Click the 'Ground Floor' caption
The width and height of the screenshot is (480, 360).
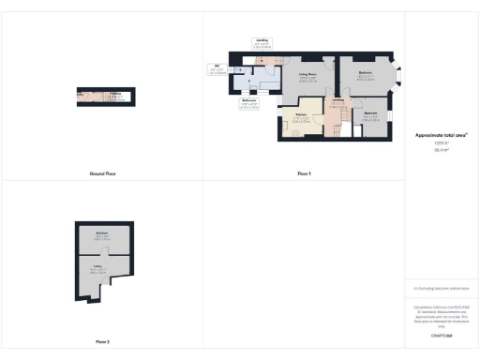[x=101, y=173]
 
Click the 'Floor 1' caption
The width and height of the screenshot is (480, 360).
[x=304, y=173]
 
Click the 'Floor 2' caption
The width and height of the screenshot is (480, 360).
[x=102, y=341]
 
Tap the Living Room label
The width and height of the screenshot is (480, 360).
[x=309, y=76]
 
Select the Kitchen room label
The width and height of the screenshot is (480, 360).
[x=302, y=116]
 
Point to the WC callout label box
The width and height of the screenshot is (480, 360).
[x=216, y=68]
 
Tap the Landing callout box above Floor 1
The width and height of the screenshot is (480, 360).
[x=263, y=43]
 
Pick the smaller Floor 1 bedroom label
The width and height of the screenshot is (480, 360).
[x=370, y=115]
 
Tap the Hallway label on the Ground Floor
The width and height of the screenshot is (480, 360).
[x=113, y=95]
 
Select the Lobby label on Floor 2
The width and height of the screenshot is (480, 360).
[x=97, y=269]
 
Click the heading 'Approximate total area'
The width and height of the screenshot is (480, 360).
[x=441, y=135]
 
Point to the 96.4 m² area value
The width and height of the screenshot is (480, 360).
[x=441, y=149]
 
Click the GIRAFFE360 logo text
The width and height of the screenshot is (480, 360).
[x=441, y=334]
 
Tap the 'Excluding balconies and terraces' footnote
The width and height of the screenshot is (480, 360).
[x=441, y=289]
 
